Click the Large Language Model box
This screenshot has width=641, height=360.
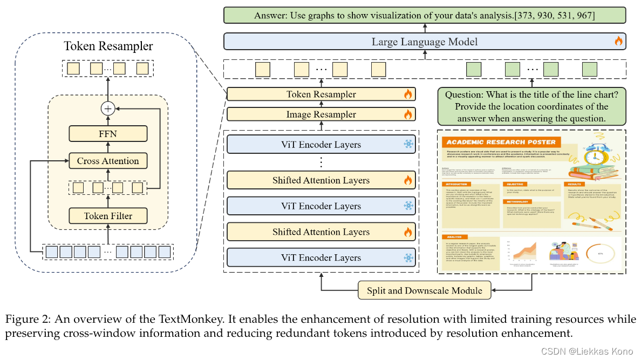coord(425,42)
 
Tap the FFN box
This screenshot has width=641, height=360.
coord(108,133)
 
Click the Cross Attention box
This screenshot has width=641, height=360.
coord(108,161)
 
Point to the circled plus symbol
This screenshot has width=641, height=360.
coord(108,108)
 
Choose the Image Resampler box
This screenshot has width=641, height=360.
coord(321,114)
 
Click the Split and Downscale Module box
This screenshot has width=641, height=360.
coord(425,290)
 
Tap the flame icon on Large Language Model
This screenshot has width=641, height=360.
coord(618,41)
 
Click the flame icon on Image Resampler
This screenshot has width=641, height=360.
coord(408,114)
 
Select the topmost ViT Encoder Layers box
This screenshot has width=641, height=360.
coord(321,145)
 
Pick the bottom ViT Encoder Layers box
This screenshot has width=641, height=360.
coord(321,258)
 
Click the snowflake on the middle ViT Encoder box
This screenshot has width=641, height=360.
coord(408,206)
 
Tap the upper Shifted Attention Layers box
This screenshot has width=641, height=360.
coord(321,180)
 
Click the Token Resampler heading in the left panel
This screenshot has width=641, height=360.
coord(108,46)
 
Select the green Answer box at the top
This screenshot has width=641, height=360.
coord(425,16)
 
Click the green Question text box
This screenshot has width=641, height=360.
coord(532,106)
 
